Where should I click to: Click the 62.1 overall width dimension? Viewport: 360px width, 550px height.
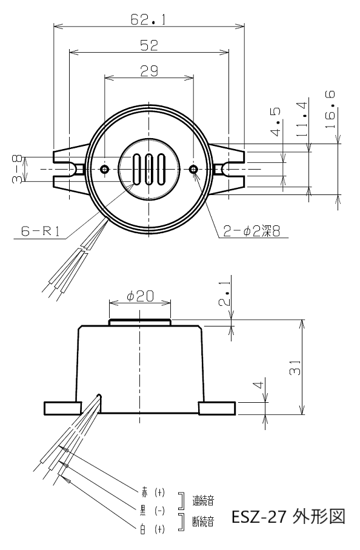click(148, 19)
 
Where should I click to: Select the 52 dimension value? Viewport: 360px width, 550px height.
click(149, 45)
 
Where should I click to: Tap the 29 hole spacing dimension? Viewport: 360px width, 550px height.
click(149, 71)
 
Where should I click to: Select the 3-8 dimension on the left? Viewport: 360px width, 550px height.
click(17, 170)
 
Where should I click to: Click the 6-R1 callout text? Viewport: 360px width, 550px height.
click(41, 231)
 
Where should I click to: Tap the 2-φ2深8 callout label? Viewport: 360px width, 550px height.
click(252, 231)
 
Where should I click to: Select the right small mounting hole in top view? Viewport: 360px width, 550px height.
click(193, 169)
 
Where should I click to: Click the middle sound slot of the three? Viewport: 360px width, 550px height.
click(149, 169)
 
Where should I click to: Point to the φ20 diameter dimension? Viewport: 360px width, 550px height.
click(140, 296)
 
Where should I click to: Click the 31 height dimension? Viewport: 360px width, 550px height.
click(295, 368)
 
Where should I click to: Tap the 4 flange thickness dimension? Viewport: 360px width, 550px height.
click(258, 385)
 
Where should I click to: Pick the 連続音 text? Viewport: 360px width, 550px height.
click(203, 500)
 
